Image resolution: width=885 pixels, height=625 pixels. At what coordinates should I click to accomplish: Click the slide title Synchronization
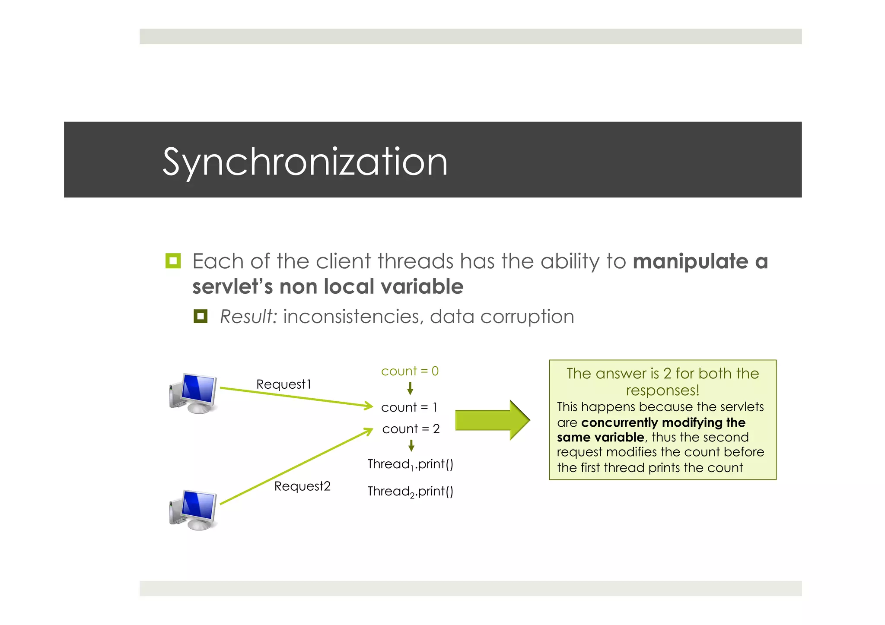305,162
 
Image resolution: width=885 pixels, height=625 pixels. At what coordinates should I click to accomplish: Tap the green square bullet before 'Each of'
173,261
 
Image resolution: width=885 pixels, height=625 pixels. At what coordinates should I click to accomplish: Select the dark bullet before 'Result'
200,316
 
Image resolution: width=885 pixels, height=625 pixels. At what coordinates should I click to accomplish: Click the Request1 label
283,384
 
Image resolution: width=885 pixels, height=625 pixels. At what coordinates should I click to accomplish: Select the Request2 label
302,486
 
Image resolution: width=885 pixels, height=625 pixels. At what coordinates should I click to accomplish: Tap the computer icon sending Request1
193,393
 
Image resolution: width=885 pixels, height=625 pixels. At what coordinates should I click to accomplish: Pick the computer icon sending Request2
193,510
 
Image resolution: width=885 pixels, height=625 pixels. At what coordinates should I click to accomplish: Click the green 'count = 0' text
410,371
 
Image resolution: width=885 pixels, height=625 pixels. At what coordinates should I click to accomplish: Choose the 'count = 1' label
409,407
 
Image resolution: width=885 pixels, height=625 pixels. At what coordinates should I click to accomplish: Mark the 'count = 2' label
411,429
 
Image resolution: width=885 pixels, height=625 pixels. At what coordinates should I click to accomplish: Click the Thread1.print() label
410,464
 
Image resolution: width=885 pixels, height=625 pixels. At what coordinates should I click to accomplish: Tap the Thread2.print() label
410,492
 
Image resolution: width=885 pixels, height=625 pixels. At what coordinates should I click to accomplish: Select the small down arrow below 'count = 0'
410,389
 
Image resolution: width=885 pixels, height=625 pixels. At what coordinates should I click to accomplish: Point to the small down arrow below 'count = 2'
411,445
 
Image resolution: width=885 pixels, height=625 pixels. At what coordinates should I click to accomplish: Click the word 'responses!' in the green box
662,390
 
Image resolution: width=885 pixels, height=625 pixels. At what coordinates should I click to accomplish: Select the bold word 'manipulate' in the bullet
690,261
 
